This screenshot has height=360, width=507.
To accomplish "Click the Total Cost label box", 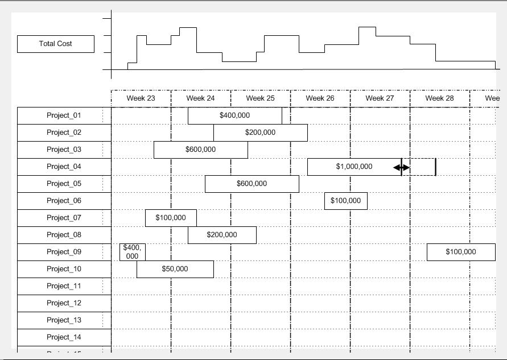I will (x=56, y=44).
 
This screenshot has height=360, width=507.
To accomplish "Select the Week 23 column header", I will (x=141, y=98).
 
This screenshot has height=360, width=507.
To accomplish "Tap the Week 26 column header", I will (x=320, y=98).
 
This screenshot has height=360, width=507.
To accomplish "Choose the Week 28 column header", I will (x=439, y=98).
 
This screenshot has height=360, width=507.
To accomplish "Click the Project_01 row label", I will (x=64, y=115).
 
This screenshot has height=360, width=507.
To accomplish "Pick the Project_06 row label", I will (x=64, y=201).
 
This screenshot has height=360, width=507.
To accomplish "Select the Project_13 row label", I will (x=64, y=320).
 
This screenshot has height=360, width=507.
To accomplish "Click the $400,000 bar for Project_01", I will (x=234, y=115).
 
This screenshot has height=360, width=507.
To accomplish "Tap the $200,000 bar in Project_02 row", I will (x=260, y=133).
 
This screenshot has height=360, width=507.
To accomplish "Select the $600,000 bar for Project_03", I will (x=200, y=150).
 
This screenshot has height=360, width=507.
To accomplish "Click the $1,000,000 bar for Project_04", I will (x=354, y=167).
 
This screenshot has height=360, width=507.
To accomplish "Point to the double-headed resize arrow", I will (x=402, y=167).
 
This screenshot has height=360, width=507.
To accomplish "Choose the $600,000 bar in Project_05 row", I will (x=252, y=184).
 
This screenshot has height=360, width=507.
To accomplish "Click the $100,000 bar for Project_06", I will (x=345, y=201).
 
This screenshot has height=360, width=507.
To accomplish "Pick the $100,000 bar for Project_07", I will (x=171, y=218).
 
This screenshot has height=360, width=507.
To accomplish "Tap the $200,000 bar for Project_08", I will (x=222, y=235).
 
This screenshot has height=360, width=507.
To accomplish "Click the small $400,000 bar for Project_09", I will (x=132, y=252).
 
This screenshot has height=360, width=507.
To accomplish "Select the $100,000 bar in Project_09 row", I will (x=461, y=252).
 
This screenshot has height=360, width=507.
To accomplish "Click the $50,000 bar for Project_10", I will (x=175, y=269).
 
